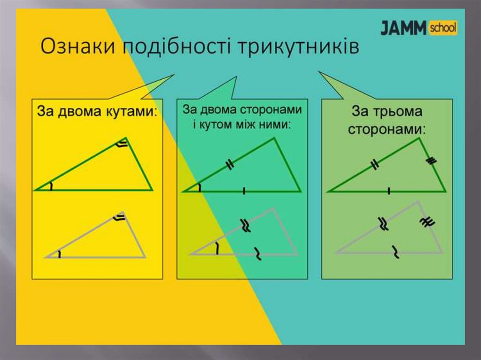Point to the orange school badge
(442, 28)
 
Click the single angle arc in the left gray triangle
(60, 255)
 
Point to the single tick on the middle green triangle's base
(244, 191)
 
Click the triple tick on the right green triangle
(431, 161)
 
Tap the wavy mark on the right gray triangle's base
(396, 253)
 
